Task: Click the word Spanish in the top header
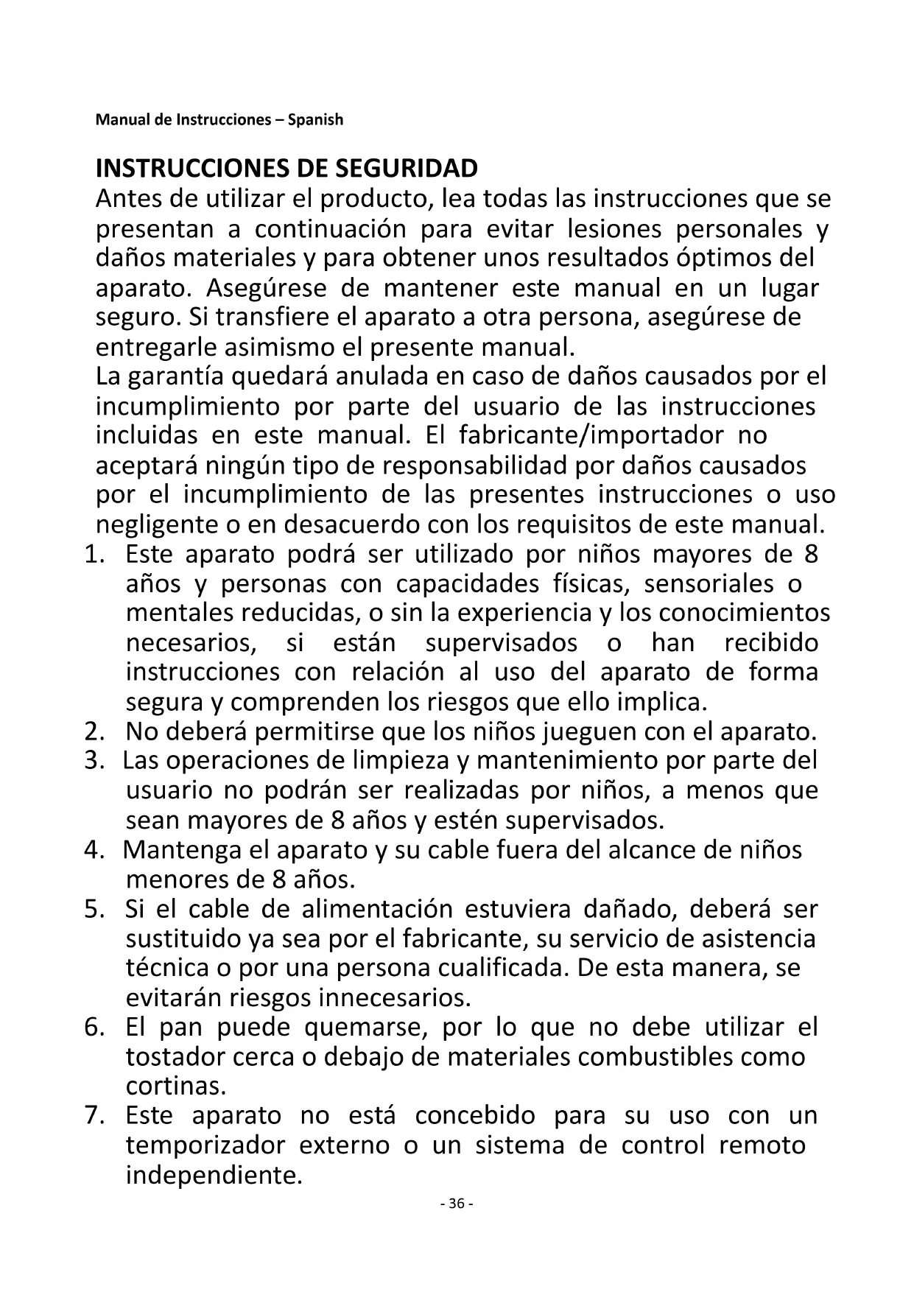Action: (x=315, y=119)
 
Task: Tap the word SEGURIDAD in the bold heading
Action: (x=407, y=169)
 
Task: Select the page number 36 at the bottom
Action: (x=456, y=1204)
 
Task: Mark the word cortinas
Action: (x=176, y=1086)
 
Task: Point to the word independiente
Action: (x=214, y=1175)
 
